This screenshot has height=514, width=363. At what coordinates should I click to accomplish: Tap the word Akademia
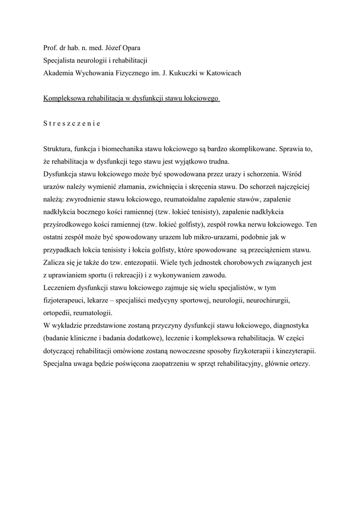[x=59, y=73]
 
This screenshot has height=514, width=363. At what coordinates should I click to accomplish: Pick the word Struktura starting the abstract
[x=58, y=150]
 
